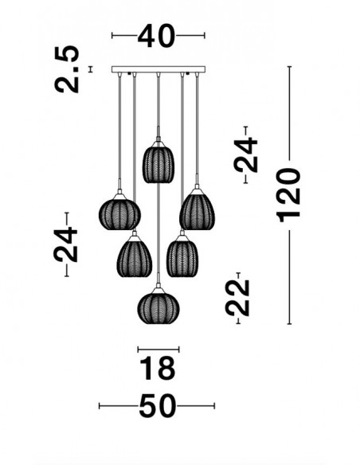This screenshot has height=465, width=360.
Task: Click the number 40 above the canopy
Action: [156, 36]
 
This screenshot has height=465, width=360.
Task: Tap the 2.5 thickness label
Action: [67, 69]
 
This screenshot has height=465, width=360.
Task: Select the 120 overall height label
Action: [288, 195]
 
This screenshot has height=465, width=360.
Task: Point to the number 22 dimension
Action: [237, 298]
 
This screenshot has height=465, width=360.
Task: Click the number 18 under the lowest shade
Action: [157, 369]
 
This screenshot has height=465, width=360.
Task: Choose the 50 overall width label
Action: [157, 406]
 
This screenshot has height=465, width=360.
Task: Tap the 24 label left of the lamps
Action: [65, 244]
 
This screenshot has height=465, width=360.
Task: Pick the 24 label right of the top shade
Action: [245, 154]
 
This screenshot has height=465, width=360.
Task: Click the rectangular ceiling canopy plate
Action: [158, 69]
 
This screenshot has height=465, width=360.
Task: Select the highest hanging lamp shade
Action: [158, 162]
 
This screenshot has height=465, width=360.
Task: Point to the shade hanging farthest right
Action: [197, 209]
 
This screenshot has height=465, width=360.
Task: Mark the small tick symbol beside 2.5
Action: [91, 69]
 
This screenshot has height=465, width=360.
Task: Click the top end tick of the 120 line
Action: [290, 67]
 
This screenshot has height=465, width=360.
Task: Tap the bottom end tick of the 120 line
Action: [290, 324]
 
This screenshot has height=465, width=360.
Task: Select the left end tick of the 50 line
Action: [100, 406]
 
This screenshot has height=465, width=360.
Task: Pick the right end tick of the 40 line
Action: [205, 36]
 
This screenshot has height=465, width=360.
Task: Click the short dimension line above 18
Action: [158, 350]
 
